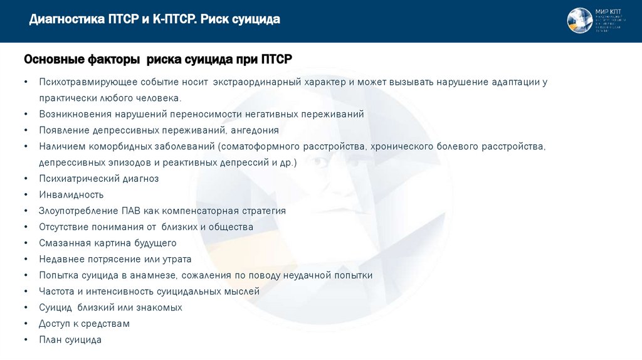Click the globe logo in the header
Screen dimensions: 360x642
tap(579, 21)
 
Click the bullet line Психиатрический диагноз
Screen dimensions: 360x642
tap(98, 179)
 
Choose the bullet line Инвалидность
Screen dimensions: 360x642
tap(71, 195)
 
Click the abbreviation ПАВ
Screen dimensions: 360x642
tap(125, 211)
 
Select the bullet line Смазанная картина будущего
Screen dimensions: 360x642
tap(107, 243)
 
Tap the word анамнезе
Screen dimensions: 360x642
tap(154, 275)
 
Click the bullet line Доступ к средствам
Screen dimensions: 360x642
tap(84, 324)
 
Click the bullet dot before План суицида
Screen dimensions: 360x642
tap(25, 340)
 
